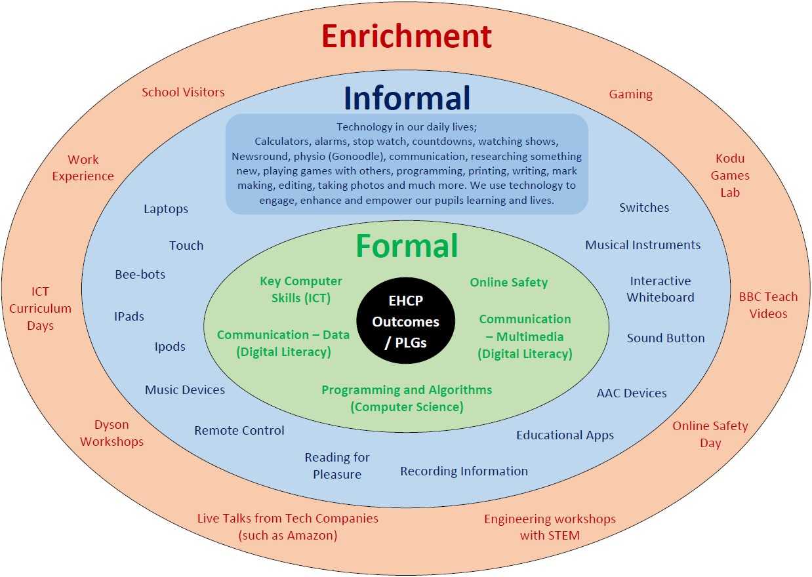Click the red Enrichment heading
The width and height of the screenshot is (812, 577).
pos(407,36)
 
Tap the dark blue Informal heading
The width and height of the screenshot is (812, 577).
pos(407,98)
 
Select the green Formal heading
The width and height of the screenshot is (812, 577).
pos(407,246)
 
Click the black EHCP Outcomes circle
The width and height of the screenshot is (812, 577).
pos(405,321)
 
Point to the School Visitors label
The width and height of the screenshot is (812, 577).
pos(183,92)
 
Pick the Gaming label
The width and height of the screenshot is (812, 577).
pos(631,94)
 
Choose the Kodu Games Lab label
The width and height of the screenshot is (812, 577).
pos(730,176)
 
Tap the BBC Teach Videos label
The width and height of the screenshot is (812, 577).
pos(769,305)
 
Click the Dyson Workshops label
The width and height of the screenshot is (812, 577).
pos(112,433)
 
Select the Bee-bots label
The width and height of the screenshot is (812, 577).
pos(140,274)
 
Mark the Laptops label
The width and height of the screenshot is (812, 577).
pos(166,209)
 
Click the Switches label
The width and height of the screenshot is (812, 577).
pos(644,208)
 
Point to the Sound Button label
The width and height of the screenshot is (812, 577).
pos(666,338)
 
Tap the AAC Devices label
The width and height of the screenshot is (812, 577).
pos(632,393)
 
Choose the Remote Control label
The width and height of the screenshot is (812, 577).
pos(239,431)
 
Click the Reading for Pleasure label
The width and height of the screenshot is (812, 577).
pos(337,466)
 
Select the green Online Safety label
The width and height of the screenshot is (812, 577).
pos(509,283)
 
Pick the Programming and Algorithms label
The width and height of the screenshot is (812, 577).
pos(407,398)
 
